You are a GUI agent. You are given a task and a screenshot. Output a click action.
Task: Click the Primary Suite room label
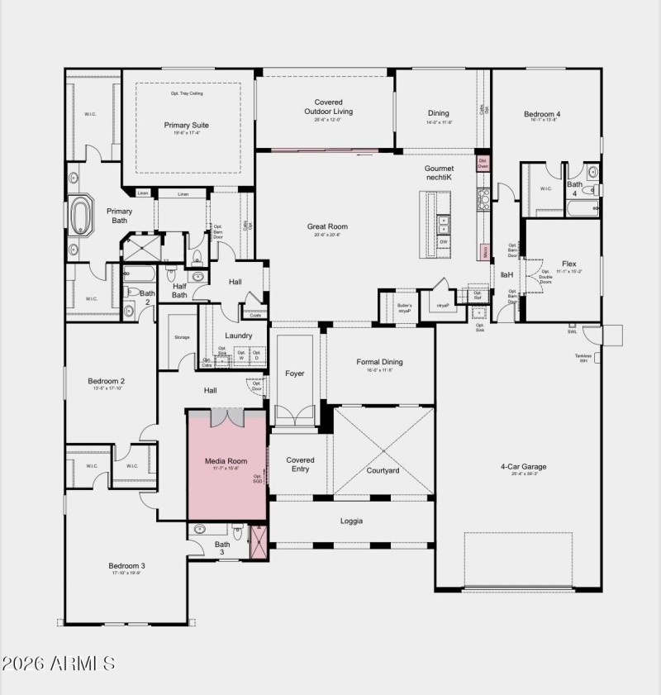pos(186,126)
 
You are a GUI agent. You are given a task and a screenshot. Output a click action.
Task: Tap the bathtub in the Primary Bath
pos(82,217)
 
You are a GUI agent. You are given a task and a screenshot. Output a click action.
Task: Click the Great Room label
pos(327,226)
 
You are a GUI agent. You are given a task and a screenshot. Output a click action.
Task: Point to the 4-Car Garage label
pos(523,466)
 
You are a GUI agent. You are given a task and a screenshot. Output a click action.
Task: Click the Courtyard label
pos(383,470)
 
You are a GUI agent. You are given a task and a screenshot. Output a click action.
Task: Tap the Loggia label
pos(352,521)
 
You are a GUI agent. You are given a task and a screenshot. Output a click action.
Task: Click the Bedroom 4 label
pos(542,114)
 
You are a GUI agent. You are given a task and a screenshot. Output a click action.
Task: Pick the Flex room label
pos(569,264)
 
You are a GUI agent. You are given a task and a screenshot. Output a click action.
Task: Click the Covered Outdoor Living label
pos(328,107)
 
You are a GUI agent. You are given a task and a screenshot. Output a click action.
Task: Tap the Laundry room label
pos(239,336)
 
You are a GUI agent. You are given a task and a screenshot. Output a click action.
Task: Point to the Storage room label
pos(182,337)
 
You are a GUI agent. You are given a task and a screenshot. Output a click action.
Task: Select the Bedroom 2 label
pos(106,381)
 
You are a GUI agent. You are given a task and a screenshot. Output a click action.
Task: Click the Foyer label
pos(295,374)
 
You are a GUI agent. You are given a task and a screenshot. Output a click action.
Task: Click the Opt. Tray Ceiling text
pos(187,93)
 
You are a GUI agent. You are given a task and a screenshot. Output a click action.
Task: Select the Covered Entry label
pos(300,464)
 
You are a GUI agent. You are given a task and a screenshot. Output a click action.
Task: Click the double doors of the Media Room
pos(226,417)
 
